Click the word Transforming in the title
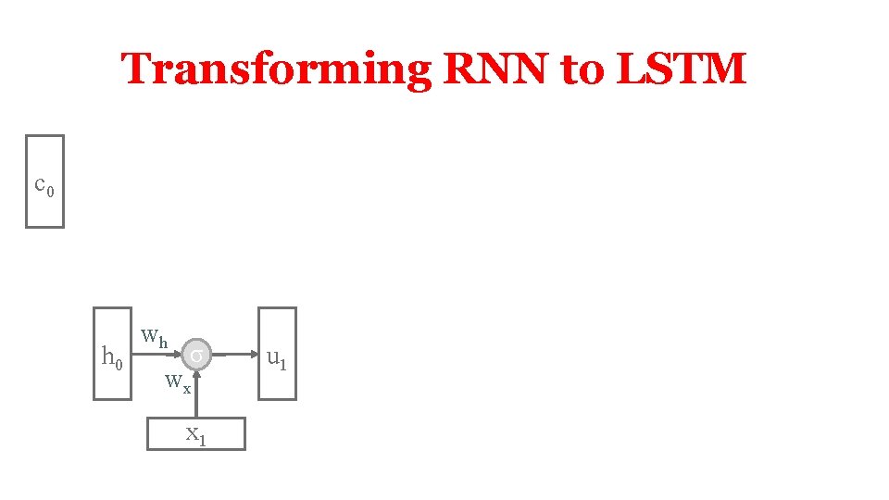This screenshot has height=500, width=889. [275, 69]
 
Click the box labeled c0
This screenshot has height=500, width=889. [44, 181]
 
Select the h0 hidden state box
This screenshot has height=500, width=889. [112, 353]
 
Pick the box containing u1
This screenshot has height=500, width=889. [277, 353]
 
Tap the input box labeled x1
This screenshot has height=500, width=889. [196, 433]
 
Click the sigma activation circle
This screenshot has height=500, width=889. [196, 354]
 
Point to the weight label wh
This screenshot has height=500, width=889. [154, 337]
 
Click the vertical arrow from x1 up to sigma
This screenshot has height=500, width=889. [196, 394]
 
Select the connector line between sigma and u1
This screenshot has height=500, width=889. [239, 354]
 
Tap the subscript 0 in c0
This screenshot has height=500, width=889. [51, 192]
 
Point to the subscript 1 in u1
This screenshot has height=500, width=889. [282, 362]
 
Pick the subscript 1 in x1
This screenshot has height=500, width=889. [201, 441]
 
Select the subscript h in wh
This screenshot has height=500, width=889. [163, 343]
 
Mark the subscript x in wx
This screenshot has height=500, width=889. [186, 389]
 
